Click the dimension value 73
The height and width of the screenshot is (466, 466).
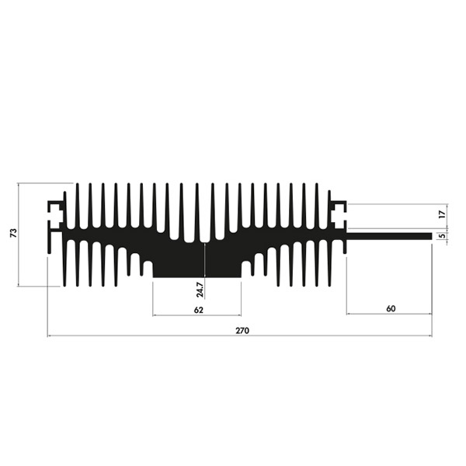point(13,233)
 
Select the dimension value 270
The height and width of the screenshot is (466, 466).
point(242,331)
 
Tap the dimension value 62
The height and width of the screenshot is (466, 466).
point(199,310)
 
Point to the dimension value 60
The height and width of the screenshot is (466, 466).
point(391,309)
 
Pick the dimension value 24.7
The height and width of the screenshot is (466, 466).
point(200,290)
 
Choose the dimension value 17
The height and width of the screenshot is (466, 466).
point(443,214)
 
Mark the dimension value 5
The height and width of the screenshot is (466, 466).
point(443,235)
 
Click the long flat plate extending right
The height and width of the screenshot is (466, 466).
point(389,236)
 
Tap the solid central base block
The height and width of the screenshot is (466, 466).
point(196,262)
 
